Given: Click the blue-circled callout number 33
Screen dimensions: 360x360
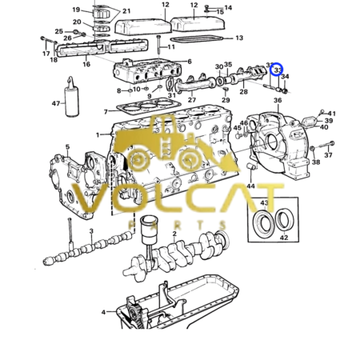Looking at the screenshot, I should (x=278, y=71).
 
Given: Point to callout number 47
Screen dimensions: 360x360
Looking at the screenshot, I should (x=55, y=104).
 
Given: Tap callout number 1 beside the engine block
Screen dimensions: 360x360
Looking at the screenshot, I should (x=98, y=135).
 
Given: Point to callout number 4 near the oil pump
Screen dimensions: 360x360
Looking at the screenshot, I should (x=103, y=312).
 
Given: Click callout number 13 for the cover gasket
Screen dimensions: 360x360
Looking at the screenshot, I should (x=239, y=38).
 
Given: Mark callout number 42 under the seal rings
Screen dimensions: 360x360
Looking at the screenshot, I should (x=284, y=238).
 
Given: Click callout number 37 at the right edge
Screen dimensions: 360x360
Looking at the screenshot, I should (x=328, y=178).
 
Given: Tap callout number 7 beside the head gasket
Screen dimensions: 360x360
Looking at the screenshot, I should (x=106, y=111).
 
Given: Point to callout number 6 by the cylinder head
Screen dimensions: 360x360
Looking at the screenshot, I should (x=189, y=62).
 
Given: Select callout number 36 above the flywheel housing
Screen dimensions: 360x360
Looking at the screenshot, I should (x=277, y=100).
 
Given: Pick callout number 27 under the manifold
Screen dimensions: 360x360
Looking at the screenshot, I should (x=192, y=99).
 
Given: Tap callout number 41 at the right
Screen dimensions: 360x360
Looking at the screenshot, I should (x=332, y=114).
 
